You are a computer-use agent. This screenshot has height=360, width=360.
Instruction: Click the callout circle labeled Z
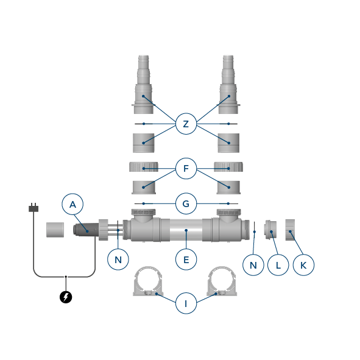(186, 124)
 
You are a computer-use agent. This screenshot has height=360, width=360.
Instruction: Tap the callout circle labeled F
(186, 169)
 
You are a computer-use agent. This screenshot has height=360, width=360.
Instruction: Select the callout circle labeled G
(186, 203)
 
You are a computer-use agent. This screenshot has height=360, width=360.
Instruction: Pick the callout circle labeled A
(72, 204)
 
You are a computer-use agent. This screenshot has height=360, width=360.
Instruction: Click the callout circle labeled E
(186, 259)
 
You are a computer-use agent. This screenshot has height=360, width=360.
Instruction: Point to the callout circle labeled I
(186, 303)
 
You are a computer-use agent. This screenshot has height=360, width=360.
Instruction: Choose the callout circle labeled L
(278, 265)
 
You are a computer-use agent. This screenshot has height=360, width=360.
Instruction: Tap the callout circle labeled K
(303, 265)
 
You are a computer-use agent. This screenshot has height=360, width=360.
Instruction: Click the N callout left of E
(118, 259)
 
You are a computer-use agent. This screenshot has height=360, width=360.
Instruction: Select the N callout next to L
(253, 265)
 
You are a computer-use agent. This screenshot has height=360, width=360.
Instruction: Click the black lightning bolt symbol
(66, 297)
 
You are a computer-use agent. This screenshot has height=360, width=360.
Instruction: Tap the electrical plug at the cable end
(34, 208)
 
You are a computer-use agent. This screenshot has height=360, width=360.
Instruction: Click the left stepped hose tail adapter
(144, 85)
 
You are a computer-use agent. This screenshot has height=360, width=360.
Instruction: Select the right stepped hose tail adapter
(228, 85)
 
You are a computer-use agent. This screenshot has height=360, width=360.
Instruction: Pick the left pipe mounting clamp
(148, 281)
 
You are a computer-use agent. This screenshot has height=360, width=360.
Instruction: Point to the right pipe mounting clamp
(222, 281)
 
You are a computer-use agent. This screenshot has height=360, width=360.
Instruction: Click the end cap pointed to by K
(290, 230)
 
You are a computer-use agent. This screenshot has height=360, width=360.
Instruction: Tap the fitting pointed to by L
(271, 230)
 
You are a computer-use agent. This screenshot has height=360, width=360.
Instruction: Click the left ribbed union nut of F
(144, 167)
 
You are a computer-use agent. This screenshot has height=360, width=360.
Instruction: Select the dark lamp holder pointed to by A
(86, 229)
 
